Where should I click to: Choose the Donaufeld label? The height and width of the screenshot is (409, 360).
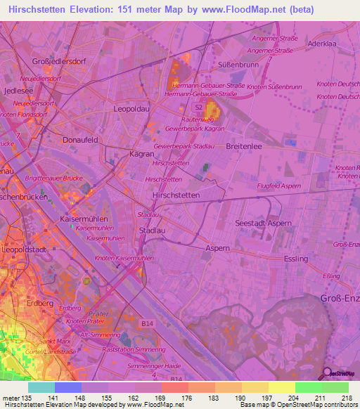click(79, 140)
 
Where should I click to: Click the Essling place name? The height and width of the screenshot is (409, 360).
click(295, 259)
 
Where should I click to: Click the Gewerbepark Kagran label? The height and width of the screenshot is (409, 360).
click(195, 129)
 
